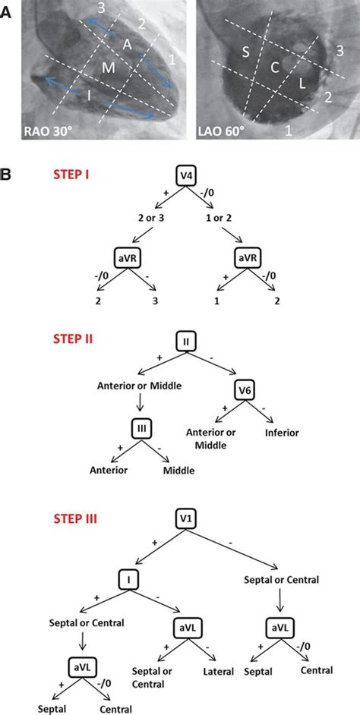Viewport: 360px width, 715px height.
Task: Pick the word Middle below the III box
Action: [x=178, y=470]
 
